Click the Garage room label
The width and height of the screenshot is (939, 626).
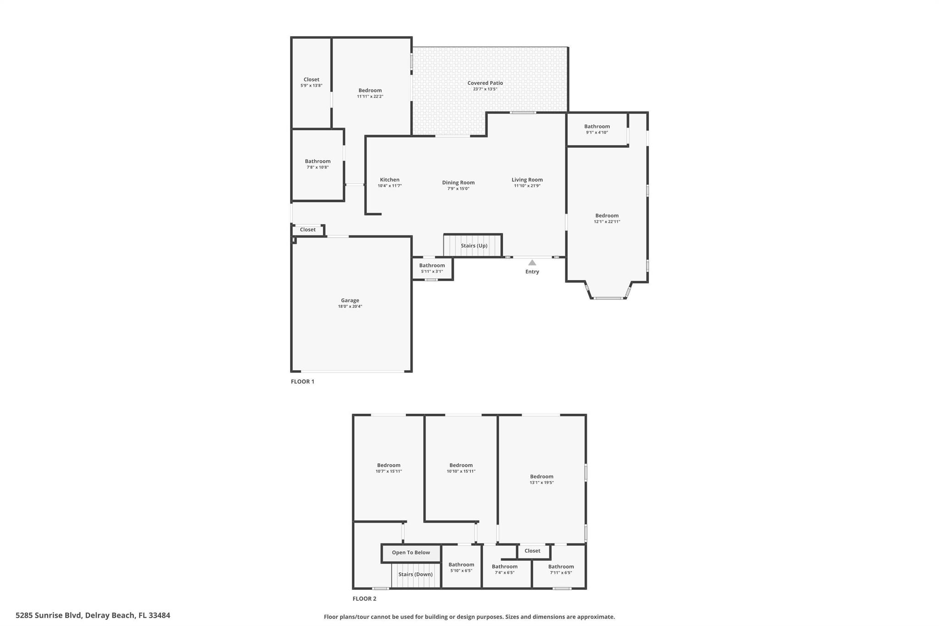click(350, 301)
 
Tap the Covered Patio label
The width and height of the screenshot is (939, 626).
click(485, 83)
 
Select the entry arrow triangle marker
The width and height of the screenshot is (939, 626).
click(532, 263)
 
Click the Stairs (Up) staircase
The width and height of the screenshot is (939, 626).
click(473, 246)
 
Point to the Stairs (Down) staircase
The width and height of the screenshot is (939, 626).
click(415, 575)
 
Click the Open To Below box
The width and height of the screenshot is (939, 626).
click(411, 553)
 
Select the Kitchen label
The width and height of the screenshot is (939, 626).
click(390, 180)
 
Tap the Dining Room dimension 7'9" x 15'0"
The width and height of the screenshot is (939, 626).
click(458, 188)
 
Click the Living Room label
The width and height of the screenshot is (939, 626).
click(527, 180)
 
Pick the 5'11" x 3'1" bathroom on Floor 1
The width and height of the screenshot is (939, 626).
click(432, 268)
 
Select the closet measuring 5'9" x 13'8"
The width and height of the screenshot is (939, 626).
click(311, 83)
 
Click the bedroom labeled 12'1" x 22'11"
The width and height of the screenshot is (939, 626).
click(607, 218)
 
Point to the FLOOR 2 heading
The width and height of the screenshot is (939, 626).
click(364, 598)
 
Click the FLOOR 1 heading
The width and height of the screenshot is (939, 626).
click(303, 382)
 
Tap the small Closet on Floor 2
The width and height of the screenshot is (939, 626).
click(532, 551)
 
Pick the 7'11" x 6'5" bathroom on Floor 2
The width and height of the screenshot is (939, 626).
click(561, 569)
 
